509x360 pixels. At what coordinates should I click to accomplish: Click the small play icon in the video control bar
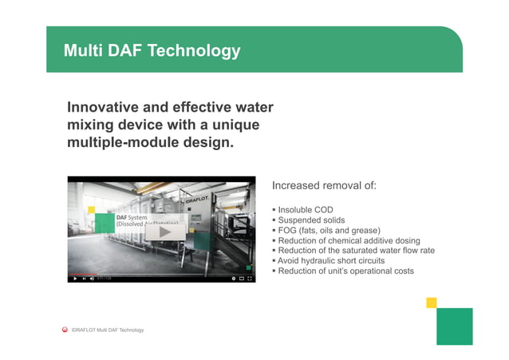74,279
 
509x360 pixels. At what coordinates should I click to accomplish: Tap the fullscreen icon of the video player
251,279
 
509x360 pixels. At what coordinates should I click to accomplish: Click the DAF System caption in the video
132,217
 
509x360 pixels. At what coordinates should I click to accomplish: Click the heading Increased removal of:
323,186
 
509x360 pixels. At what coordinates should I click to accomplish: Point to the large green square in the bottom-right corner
454,326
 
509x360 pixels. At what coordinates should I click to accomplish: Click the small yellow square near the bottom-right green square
432,303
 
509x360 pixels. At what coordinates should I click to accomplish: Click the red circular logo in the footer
65,329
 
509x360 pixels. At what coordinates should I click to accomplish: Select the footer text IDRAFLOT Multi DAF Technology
108,330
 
